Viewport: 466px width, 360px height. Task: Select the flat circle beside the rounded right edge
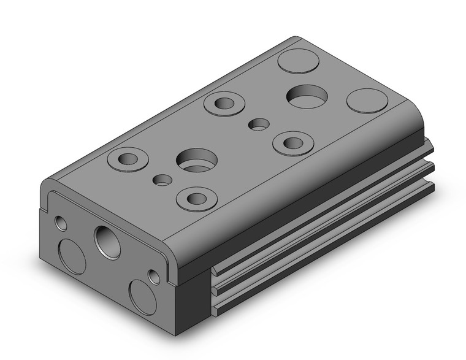(x=367, y=101)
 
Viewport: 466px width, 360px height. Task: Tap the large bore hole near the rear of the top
(x=307, y=96)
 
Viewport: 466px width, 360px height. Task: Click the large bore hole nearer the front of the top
(x=196, y=161)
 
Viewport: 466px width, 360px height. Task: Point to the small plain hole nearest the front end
(x=162, y=180)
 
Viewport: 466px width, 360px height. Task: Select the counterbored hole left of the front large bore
(x=128, y=159)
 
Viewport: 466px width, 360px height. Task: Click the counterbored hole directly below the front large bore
(x=196, y=198)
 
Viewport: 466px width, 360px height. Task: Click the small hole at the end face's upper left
(x=61, y=221)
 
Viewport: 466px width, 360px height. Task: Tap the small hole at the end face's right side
(x=153, y=277)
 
